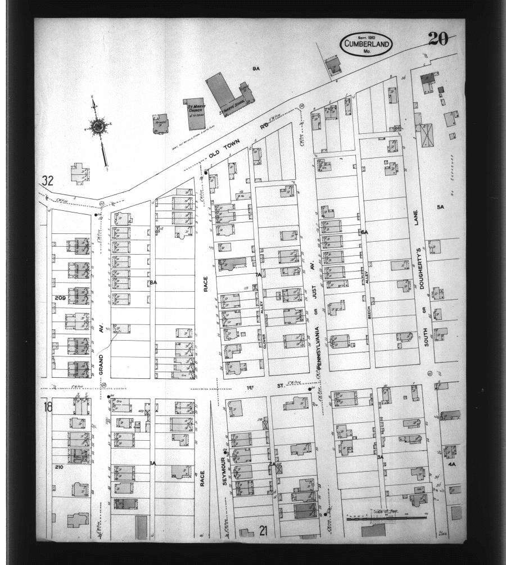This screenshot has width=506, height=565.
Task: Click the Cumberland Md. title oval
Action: (365, 44)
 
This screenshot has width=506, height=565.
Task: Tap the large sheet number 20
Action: (437, 39)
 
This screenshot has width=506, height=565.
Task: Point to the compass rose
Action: (98, 126)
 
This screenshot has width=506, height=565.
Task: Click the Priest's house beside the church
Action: (160, 123)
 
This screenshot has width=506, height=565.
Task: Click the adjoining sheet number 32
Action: (47, 181)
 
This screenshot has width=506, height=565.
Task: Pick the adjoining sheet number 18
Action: (48, 407)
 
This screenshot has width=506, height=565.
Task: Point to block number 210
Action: (59, 467)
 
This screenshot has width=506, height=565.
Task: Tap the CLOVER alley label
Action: (263, 341)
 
